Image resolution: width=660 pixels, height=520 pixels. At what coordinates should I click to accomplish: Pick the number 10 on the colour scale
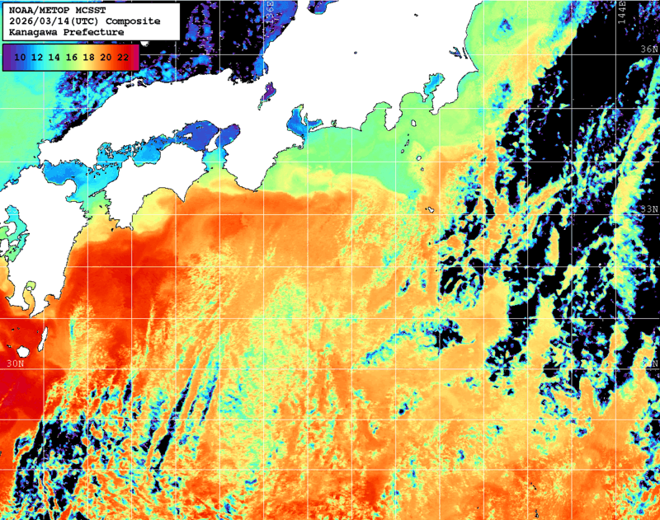(20, 57)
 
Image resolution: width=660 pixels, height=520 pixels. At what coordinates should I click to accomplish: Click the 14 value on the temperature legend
(54, 57)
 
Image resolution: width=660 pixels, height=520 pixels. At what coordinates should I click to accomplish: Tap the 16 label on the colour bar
(72, 57)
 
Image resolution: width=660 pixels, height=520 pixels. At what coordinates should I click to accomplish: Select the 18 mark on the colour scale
(89, 57)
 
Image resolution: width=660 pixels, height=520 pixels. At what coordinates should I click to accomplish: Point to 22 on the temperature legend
(123, 57)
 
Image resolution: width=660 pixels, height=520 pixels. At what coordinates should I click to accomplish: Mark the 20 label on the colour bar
(106, 57)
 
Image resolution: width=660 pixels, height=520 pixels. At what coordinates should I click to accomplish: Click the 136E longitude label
(270, 12)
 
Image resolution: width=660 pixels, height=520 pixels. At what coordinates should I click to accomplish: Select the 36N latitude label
(649, 49)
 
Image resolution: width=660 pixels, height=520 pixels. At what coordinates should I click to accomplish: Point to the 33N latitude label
(649, 208)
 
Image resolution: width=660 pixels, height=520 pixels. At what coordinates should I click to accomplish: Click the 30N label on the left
(14, 363)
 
